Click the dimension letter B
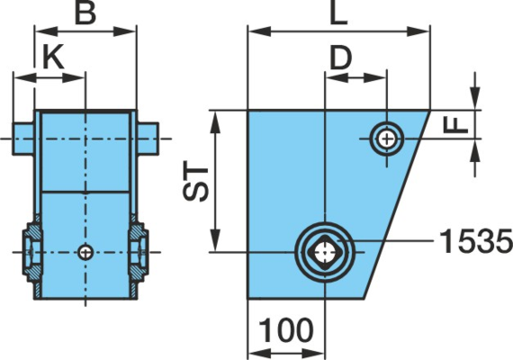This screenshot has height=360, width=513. click(x=85, y=13)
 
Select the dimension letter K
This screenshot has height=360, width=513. click(x=53, y=58)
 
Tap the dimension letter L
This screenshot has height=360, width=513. click(x=338, y=13)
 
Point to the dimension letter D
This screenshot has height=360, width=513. click(x=340, y=58)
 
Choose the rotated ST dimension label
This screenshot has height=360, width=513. click(x=196, y=181)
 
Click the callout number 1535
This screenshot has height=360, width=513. click(x=475, y=241)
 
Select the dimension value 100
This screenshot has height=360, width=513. click(x=286, y=330)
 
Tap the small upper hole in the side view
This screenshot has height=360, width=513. click(x=387, y=139)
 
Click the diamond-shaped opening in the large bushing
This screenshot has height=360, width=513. click(x=325, y=252)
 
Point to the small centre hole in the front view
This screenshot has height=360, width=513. click(x=85, y=252)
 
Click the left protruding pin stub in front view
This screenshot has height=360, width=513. click(x=23, y=139)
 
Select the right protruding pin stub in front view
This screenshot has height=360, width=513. click(x=148, y=139)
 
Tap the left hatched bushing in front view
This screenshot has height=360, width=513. click(x=32, y=252)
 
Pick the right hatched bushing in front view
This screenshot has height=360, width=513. click(x=139, y=252)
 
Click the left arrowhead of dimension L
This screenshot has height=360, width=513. click(x=259, y=31)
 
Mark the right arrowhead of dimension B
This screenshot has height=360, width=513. click(x=125, y=31)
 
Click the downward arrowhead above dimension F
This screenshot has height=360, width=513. click(x=475, y=97)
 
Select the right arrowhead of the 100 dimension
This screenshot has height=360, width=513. click(x=313, y=353)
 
